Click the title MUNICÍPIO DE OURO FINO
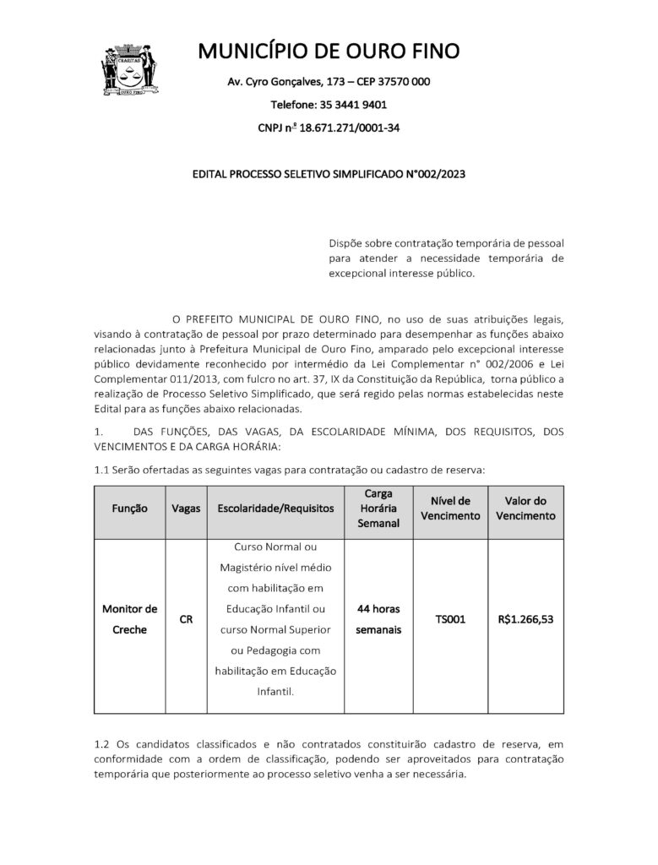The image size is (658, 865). tap(329, 52)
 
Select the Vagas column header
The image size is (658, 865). tap(186, 509)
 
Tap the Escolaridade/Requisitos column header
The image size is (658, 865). tap(275, 509)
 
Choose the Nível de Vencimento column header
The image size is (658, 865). tap(450, 509)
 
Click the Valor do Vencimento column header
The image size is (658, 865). tap(526, 509)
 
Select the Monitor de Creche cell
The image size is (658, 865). tap(129, 619)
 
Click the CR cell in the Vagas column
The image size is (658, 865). tap(186, 619)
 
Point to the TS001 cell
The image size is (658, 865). tap(450, 619)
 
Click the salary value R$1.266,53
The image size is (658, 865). tap(526, 619)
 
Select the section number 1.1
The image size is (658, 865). tap(101, 469)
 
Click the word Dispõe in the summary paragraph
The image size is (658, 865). tap(346, 242)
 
